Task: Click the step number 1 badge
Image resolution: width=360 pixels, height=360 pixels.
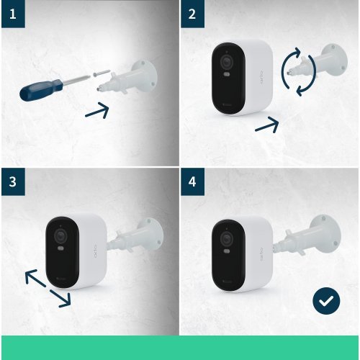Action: click(x=12, y=14)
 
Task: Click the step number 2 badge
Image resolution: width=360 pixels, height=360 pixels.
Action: click(x=192, y=14)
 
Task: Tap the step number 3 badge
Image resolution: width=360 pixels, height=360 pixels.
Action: click(x=12, y=182)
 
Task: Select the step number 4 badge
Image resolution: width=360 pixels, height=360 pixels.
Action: click(x=192, y=182)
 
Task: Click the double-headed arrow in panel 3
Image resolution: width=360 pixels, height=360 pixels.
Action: click(x=48, y=288)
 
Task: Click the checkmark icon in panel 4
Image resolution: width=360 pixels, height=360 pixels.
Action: click(x=326, y=301)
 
